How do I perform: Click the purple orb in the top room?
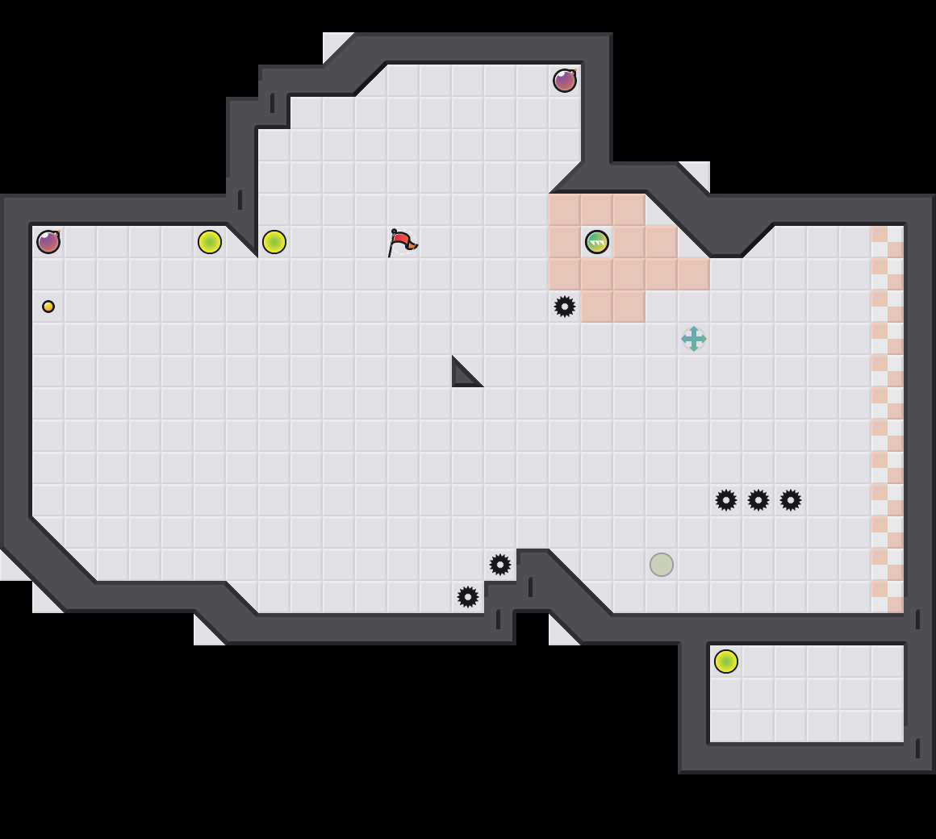pyautogui.click(x=565, y=81)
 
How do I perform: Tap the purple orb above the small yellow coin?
pyautogui.click(x=48, y=242)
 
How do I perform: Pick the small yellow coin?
pyautogui.click(x=48, y=307)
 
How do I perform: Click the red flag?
pyautogui.click(x=401, y=242)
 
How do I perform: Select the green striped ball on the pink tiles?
pyautogui.click(x=597, y=242)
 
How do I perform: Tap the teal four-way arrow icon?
pyautogui.click(x=694, y=339)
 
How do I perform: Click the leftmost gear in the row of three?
pyautogui.click(x=726, y=500)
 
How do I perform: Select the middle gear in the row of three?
pyautogui.click(x=758, y=500)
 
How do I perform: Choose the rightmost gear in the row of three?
pyautogui.click(x=791, y=500)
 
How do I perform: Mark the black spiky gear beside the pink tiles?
pyautogui.click(x=565, y=307)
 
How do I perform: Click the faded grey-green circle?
pyautogui.click(x=662, y=565)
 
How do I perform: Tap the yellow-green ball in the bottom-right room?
pyautogui.click(x=726, y=662)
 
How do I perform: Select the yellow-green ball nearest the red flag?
pyautogui.click(x=274, y=242)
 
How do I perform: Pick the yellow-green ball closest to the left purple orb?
pyautogui.click(x=210, y=242)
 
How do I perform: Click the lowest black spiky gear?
pyautogui.click(x=468, y=597)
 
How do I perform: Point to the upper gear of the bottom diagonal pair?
pyautogui.click(x=500, y=565)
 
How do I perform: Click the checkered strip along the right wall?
pyautogui.click(x=888, y=419)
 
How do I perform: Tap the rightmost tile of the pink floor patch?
pyautogui.click(x=694, y=274)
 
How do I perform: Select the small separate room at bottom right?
pyautogui.click(x=807, y=694)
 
